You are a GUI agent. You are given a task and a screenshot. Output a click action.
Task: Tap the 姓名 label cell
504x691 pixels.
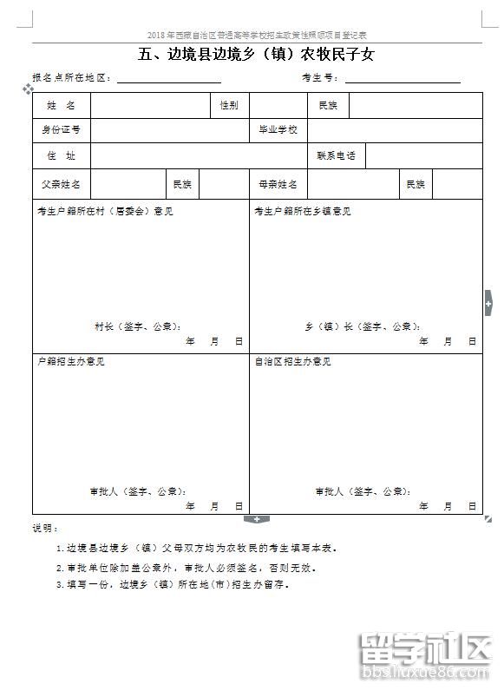click(62, 105)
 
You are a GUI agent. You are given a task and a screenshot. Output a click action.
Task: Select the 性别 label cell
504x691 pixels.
click(229, 105)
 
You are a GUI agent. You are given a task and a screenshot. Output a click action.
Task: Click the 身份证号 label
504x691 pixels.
click(62, 130)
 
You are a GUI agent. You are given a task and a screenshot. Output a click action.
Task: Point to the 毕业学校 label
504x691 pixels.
click(278, 130)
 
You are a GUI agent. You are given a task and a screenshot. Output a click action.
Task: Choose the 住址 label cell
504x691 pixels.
click(62, 156)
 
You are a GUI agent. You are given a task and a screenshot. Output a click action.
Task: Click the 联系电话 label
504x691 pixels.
click(336, 156)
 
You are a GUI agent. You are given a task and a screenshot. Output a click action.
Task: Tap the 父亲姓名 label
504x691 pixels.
click(62, 185)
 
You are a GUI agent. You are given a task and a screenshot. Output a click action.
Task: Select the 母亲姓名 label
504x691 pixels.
click(278, 185)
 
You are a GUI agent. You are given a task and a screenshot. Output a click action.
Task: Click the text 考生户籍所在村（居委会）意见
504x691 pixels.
click(104, 211)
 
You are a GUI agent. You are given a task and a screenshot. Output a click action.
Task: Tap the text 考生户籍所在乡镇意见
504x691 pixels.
click(303, 211)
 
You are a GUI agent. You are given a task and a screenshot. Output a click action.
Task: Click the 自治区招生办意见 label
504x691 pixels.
click(292, 361)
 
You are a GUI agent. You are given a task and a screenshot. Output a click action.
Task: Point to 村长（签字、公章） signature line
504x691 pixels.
click(138, 326)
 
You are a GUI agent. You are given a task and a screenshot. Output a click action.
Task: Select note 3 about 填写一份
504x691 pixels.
click(177, 584)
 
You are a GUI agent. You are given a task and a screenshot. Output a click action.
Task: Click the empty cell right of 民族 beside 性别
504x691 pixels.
click(415, 105)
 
